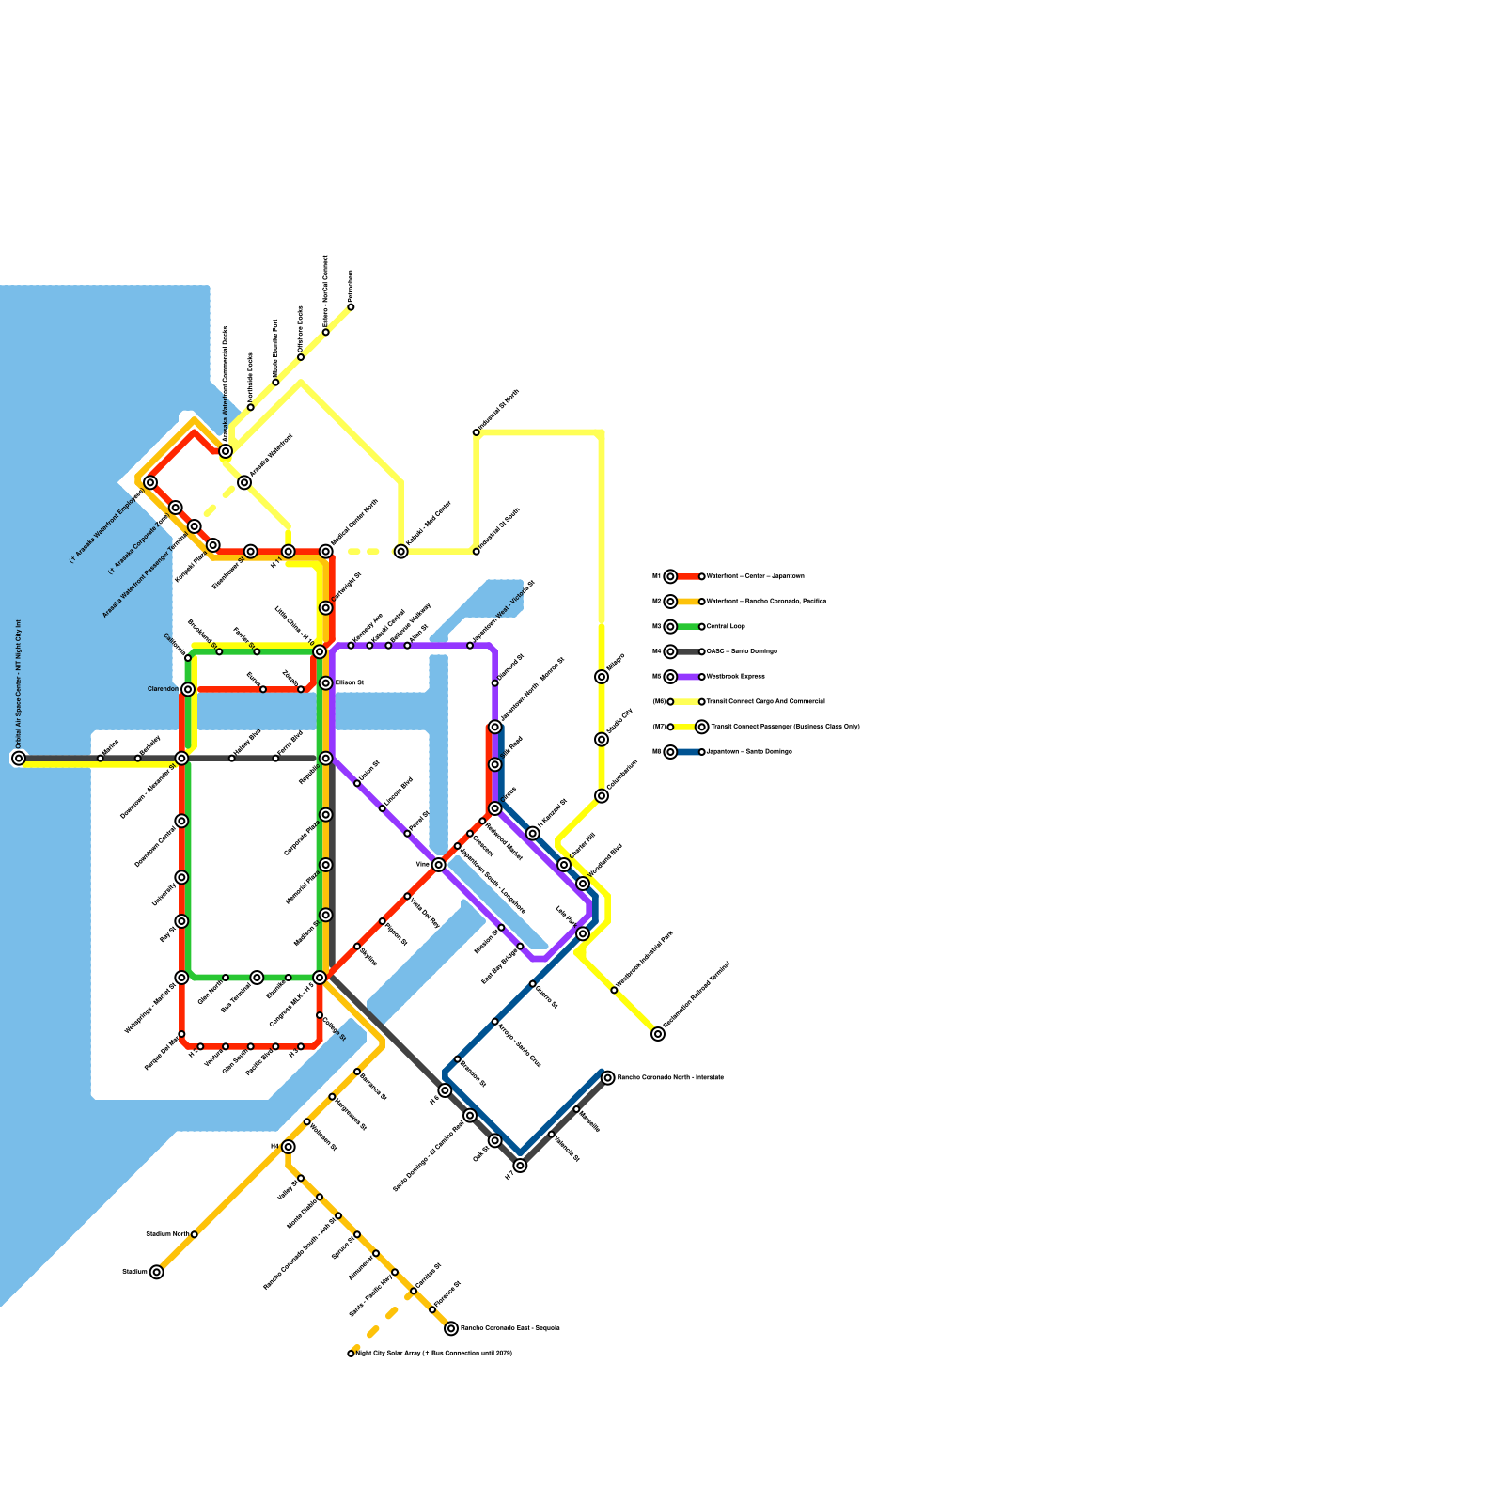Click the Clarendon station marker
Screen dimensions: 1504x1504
pos(188,689)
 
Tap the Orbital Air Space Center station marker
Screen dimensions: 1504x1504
pos(19,758)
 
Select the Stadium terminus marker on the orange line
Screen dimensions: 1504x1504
pos(157,1272)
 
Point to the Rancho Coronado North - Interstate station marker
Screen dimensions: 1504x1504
pos(608,1077)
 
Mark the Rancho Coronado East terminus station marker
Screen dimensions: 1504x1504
pos(451,1328)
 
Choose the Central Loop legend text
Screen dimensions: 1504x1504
pos(728,626)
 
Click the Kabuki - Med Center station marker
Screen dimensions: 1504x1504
pos(401,552)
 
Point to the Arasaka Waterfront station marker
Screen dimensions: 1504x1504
pos(244,482)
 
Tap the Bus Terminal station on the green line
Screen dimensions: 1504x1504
pos(257,978)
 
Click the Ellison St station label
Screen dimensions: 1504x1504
pos(350,682)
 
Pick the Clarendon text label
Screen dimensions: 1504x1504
pos(163,689)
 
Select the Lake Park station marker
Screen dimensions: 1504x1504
pos(583,933)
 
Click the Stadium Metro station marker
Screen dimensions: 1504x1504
pos(194,1234)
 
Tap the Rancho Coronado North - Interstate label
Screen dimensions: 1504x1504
pos(670,1077)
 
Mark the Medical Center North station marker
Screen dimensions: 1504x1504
pos(326,552)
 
